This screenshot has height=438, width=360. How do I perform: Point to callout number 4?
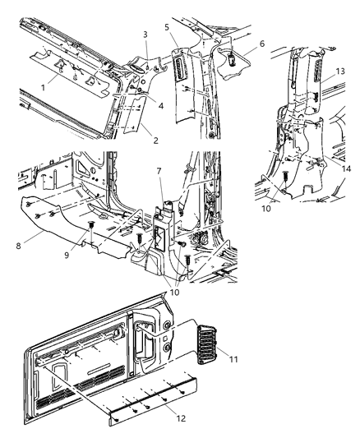(160, 104)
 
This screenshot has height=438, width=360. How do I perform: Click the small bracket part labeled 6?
(235, 57)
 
